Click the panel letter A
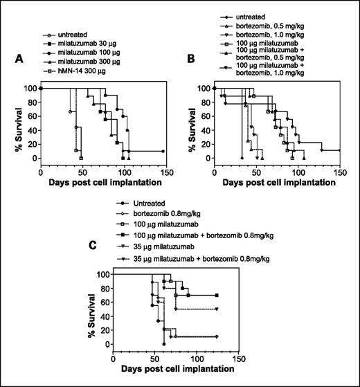[21, 61]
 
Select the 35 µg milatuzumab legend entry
[161, 247]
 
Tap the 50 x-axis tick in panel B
[256, 172]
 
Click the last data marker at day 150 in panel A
[163, 151]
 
